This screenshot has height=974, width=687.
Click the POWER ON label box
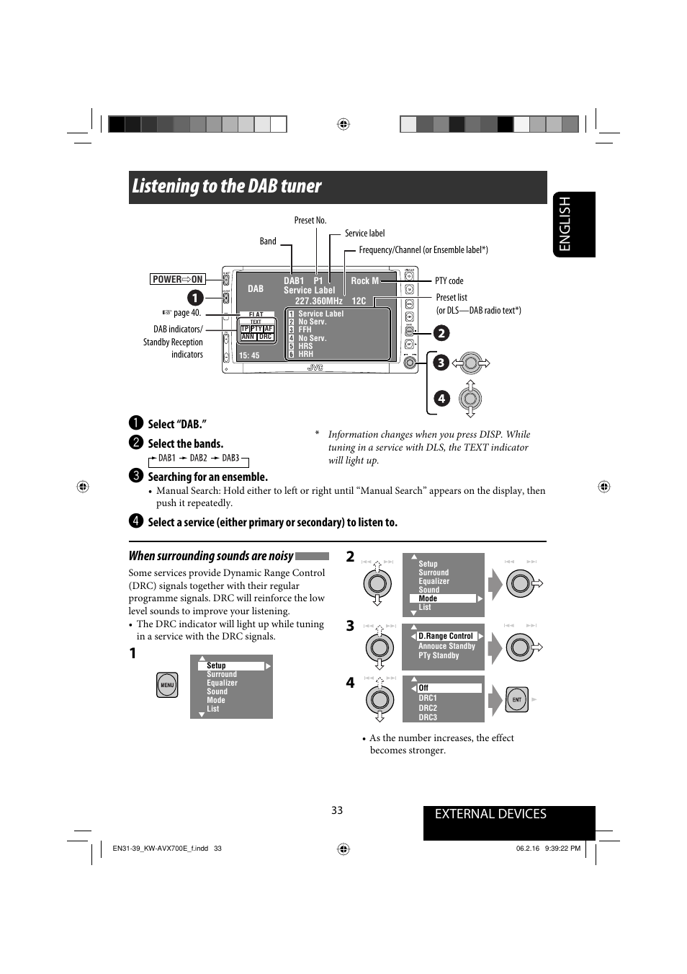pos(178,279)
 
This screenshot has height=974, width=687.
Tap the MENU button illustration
pos(167,685)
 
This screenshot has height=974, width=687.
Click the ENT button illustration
pos(517,699)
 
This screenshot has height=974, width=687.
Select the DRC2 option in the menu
pos(428,708)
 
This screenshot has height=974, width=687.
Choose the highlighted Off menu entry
pos(449,688)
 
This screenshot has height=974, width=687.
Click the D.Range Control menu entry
pos(446,636)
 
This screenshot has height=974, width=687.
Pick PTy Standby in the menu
pos(439,655)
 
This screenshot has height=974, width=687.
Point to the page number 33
pos(337,810)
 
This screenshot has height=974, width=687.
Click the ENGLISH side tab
pos(574,223)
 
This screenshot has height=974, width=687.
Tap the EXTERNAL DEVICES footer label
pos(490,814)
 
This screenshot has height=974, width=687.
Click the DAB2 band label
pos(198,458)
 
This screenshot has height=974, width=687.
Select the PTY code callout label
pos(449,281)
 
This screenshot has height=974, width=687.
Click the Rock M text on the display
pos(364,281)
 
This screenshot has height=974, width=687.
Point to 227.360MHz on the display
pos(318,301)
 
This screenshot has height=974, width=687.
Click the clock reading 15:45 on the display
pos(249,355)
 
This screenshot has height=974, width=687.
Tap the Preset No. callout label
pos(310,221)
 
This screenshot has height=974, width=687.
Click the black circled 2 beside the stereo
pos(441,332)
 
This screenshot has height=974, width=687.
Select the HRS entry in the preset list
pos(306,346)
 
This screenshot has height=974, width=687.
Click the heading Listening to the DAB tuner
pos(227,186)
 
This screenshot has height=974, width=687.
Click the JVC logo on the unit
pos(315,368)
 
